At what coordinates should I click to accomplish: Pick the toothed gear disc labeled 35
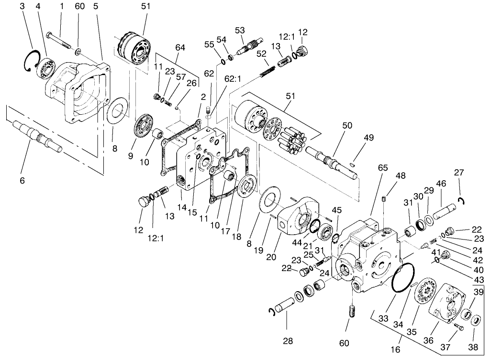(424, 294)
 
